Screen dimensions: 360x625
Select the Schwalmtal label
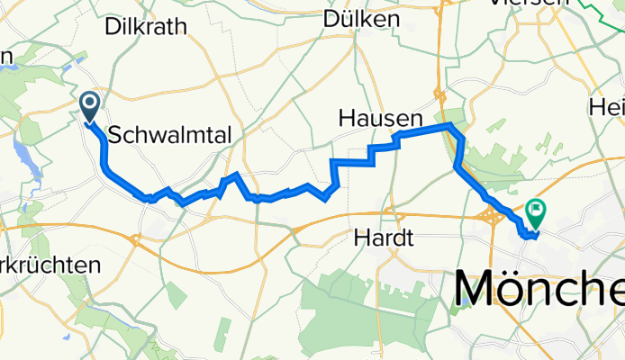click(x=170, y=135)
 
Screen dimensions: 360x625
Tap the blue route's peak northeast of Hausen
click(x=449, y=124)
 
